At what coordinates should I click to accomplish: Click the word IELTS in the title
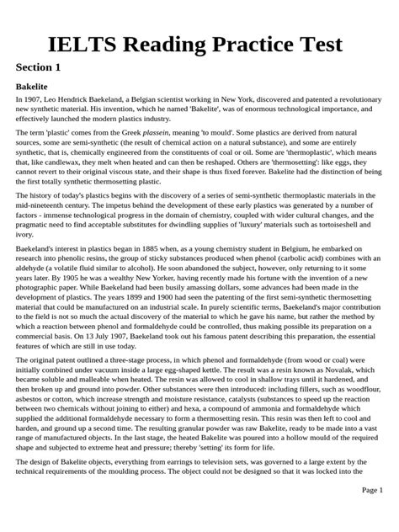89,42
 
